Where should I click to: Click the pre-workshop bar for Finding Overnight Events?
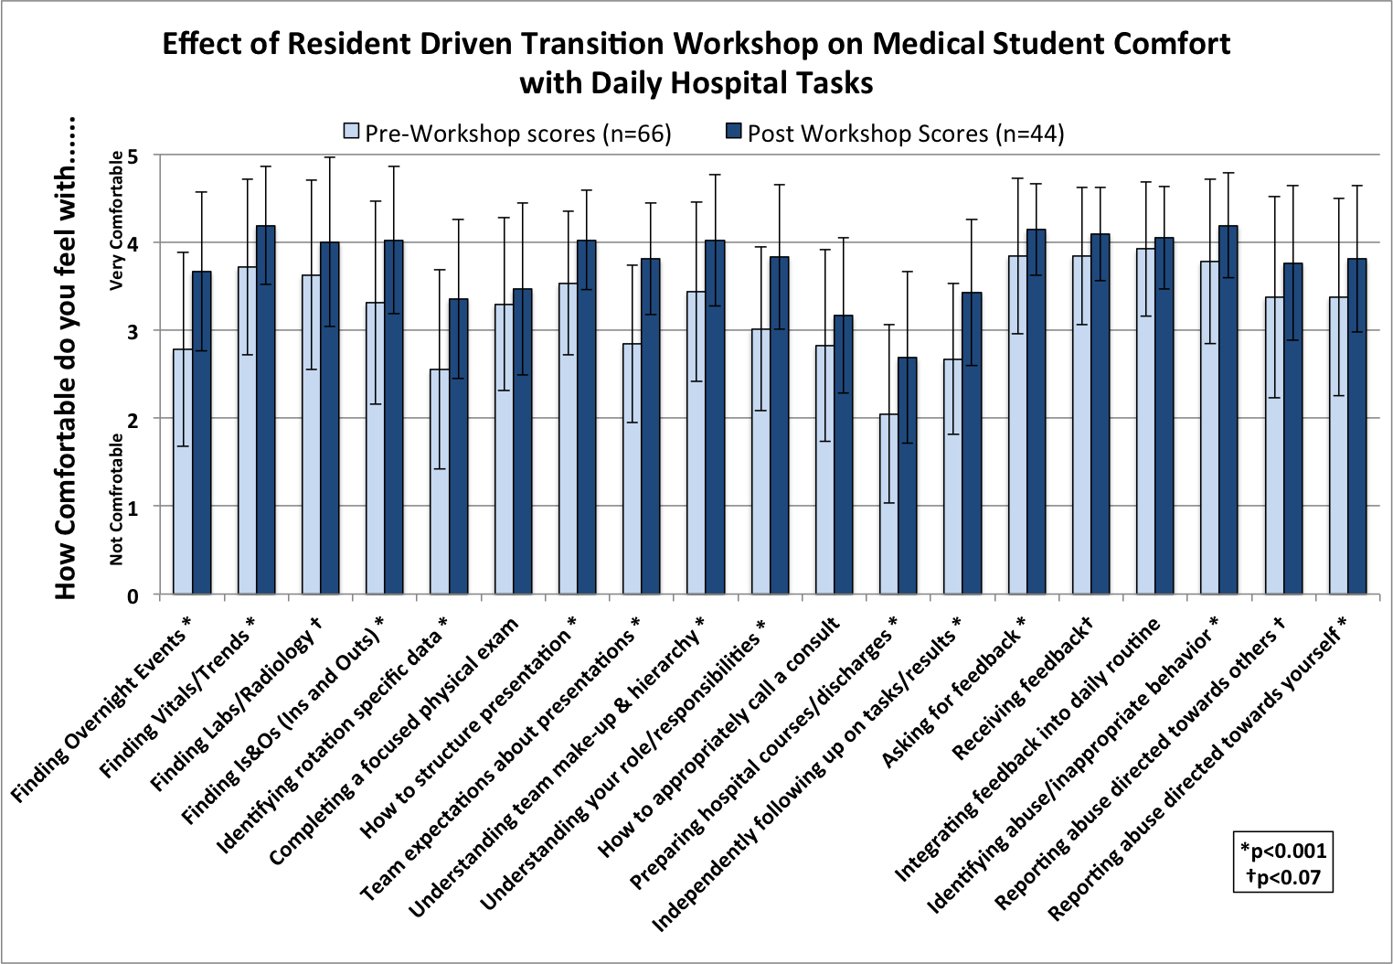183,472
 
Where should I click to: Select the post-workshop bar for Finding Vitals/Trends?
266,410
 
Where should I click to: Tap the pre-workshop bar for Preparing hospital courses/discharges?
888,504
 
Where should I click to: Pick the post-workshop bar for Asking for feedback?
1036,412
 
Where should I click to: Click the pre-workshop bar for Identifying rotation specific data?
440,482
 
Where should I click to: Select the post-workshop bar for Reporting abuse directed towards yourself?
1357,426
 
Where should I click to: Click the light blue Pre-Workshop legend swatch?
351,132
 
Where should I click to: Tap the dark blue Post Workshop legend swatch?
734,132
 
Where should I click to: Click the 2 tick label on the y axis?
133,420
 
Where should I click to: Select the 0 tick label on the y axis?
133,596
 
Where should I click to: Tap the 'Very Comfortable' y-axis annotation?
116,221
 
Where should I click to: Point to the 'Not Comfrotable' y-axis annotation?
116,499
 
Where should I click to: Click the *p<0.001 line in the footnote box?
1283,850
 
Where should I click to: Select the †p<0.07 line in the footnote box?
1283,877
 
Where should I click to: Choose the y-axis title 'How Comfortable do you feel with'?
65,359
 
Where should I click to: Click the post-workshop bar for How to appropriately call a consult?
844,455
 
